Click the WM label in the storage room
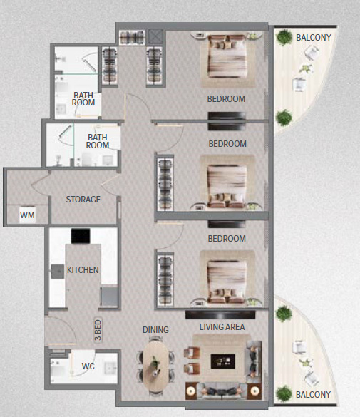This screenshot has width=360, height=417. point(27,214)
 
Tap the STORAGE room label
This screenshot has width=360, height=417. point(83,200)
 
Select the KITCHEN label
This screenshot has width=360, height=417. point(83,270)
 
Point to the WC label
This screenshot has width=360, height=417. point(88,366)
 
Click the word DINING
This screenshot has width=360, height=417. point(155,330)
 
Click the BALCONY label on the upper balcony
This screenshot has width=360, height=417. point(314,38)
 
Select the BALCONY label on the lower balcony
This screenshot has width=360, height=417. point(314,394)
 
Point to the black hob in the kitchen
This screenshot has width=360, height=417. point(81,236)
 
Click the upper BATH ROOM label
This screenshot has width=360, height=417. point(83,98)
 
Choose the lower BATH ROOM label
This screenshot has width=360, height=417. point(98,141)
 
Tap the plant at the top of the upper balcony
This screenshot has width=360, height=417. point(284,36)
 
